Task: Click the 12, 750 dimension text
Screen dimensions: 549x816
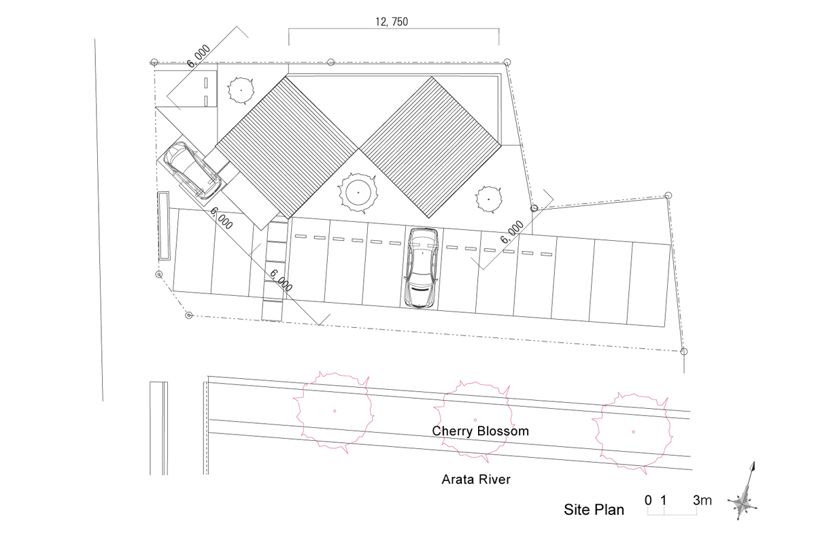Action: click(x=391, y=21)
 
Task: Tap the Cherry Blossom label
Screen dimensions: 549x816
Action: click(x=480, y=431)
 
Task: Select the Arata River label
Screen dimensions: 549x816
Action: click(x=476, y=480)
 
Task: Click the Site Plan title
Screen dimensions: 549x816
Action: click(x=594, y=510)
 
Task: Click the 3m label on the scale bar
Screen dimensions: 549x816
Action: click(x=702, y=501)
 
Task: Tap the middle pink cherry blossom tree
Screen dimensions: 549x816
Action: click(x=475, y=420)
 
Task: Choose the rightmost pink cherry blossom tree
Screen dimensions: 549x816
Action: click(x=632, y=431)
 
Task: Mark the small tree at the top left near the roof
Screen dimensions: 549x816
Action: click(x=241, y=89)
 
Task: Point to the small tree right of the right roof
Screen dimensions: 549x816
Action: click(x=488, y=199)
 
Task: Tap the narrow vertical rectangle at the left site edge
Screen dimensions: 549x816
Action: click(x=163, y=226)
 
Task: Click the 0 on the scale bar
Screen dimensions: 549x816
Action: click(x=648, y=501)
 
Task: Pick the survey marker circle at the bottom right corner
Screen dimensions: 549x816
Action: click(x=684, y=351)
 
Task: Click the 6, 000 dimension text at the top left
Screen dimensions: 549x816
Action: click(x=199, y=56)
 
